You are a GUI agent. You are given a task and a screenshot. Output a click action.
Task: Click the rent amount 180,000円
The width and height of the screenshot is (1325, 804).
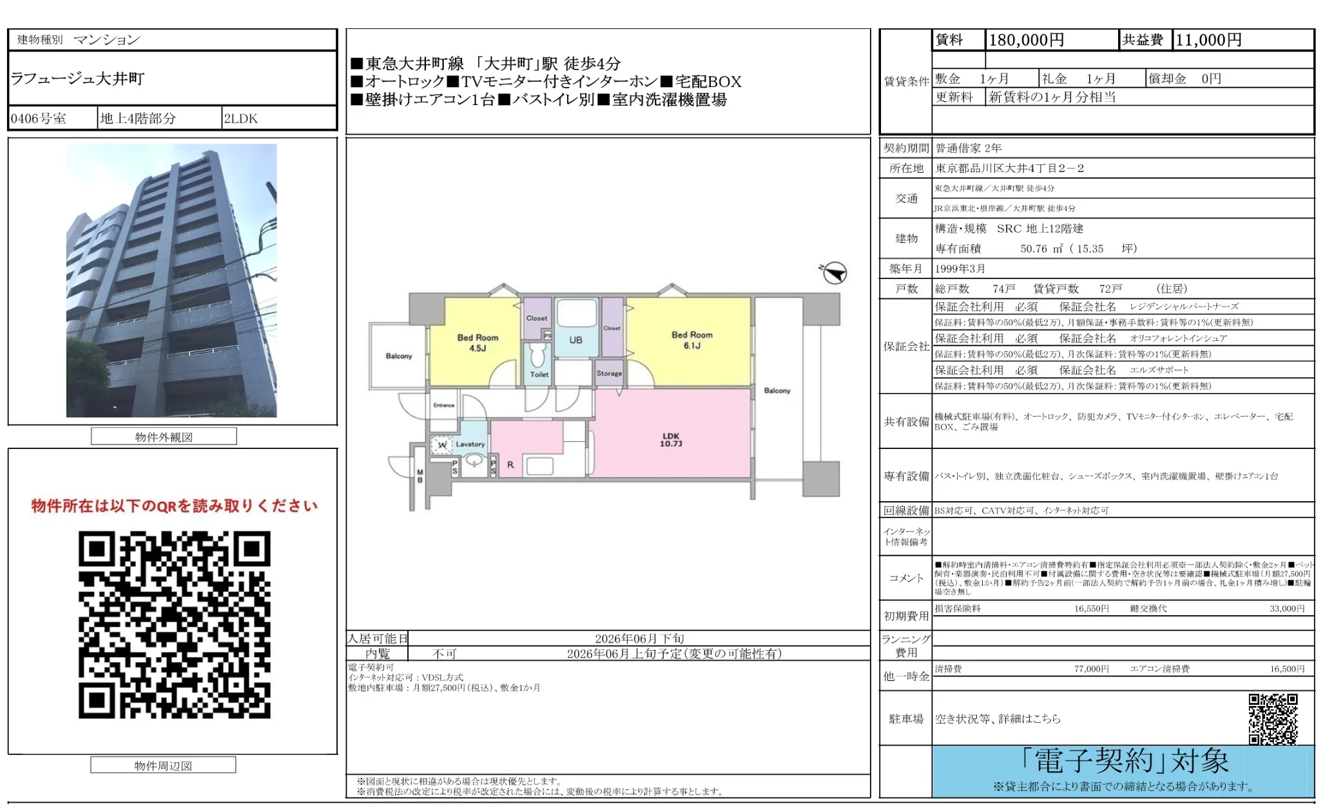tap(1026, 40)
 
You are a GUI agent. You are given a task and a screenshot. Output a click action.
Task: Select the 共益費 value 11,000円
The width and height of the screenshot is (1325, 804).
tap(1208, 40)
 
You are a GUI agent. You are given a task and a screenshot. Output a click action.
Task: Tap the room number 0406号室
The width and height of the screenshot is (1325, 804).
tap(39, 119)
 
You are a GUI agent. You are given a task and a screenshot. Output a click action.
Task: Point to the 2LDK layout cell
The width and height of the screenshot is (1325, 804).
tap(241, 119)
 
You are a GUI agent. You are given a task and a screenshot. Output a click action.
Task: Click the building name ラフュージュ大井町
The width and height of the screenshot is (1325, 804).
tap(77, 79)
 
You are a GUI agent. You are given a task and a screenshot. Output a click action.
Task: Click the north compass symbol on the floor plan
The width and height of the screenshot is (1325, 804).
tap(835, 273)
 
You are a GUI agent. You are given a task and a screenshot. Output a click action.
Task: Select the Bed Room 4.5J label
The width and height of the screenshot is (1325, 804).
tap(478, 343)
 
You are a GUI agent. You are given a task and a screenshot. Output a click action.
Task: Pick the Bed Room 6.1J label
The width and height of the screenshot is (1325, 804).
tap(692, 340)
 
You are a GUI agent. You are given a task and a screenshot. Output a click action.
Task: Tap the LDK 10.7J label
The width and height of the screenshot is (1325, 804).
tap(670, 440)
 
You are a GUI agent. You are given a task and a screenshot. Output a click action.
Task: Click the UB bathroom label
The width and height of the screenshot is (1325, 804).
tap(575, 340)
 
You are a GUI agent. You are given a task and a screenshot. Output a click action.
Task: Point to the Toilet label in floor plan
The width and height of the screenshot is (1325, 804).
tap(539, 374)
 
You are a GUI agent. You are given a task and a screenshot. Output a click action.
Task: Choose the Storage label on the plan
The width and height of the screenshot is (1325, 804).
tap(609, 373)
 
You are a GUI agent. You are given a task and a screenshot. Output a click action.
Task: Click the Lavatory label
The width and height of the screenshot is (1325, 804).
tap(470, 444)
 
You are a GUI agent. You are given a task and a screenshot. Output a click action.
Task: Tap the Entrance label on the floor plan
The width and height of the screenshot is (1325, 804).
tap(443, 405)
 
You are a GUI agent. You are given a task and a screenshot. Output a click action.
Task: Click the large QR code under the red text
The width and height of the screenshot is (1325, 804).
tap(174, 624)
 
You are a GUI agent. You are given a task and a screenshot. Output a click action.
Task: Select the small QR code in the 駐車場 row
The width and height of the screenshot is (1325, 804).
tap(1272, 719)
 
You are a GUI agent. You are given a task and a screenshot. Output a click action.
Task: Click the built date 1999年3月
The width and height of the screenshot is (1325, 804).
tap(960, 269)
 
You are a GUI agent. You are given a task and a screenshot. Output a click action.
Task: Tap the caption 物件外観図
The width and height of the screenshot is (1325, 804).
tap(164, 437)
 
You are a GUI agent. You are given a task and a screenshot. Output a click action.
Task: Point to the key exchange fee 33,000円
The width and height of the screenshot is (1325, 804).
tap(1286, 609)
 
